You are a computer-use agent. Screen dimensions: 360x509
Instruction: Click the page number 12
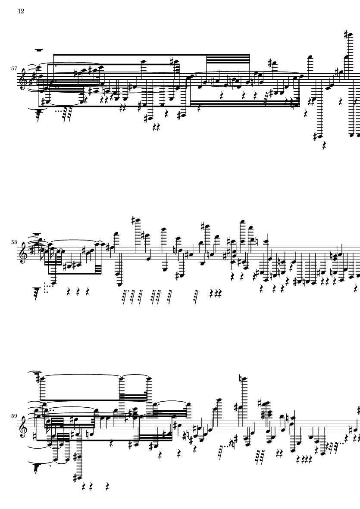[x=21, y=11]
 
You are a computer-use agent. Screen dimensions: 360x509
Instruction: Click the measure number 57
[x=14, y=69]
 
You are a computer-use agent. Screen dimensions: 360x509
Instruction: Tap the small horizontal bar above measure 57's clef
[x=39, y=50]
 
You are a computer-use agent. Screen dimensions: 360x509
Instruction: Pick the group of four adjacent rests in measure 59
[x=304, y=459]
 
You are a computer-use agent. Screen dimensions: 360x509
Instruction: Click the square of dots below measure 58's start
[x=47, y=289]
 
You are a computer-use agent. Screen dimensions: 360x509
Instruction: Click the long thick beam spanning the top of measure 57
[x=151, y=55]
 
